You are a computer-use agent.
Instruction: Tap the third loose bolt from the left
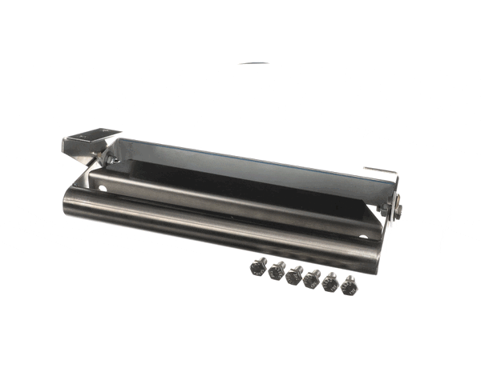(x=295, y=274)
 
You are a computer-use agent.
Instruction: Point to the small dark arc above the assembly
(x=256, y=62)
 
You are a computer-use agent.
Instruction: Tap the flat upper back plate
(x=240, y=164)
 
